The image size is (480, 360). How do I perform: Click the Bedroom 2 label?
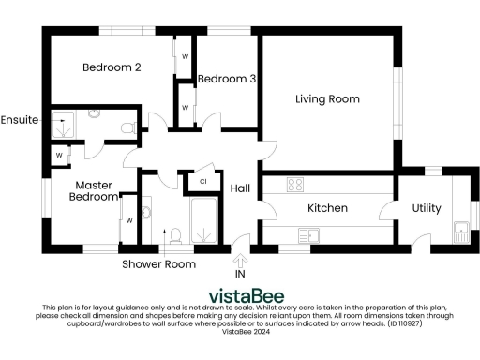[112, 67]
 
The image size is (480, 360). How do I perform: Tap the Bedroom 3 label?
[227, 79]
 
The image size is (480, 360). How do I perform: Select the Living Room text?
[327, 98]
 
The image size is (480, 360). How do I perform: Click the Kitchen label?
[328, 208]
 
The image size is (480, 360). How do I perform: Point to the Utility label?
[427, 208]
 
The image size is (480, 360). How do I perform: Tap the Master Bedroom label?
[94, 191]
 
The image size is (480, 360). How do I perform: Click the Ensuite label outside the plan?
[20, 120]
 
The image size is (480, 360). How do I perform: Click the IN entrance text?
[240, 275]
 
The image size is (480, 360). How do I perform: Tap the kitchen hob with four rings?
[295, 185]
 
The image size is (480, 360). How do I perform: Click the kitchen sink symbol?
[309, 232]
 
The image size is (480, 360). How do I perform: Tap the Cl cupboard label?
[202, 181]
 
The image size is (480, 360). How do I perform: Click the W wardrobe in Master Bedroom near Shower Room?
[129, 221]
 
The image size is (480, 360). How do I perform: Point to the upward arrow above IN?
[240, 260]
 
